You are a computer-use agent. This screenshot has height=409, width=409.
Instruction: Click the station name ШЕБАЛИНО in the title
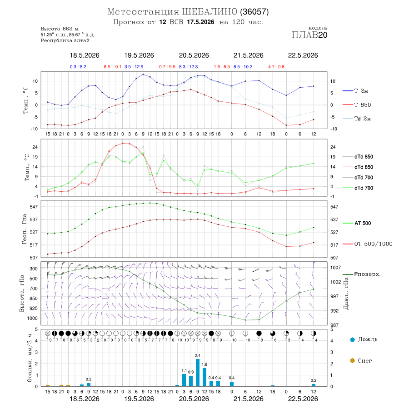pyautogui.click(x=209, y=12)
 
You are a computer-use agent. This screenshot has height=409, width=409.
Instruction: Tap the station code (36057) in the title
pyautogui.click(x=254, y=12)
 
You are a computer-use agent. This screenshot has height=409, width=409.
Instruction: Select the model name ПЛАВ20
pyautogui.click(x=309, y=35)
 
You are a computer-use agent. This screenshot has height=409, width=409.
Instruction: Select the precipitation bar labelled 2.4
pyautogui.click(x=198, y=373)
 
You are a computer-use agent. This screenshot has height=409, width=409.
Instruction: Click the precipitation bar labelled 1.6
pyautogui.click(x=204, y=377)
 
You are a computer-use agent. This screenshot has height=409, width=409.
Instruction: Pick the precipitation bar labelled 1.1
pyautogui.click(x=184, y=380)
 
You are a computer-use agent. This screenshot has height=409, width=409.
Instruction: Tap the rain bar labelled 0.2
pyautogui.click(x=314, y=385)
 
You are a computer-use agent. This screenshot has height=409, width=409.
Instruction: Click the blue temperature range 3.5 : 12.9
pyautogui.click(x=134, y=67)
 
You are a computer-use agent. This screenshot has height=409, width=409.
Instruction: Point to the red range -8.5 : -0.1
pyautogui.click(x=112, y=67)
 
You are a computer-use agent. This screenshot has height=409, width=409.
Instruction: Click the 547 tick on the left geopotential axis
pyautogui.click(x=34, y=207)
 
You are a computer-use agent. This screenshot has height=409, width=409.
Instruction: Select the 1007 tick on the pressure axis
pyautogui.click(x=335, y=268)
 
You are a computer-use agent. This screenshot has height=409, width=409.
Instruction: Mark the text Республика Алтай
pyautogui.click(x=65, y=41)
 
